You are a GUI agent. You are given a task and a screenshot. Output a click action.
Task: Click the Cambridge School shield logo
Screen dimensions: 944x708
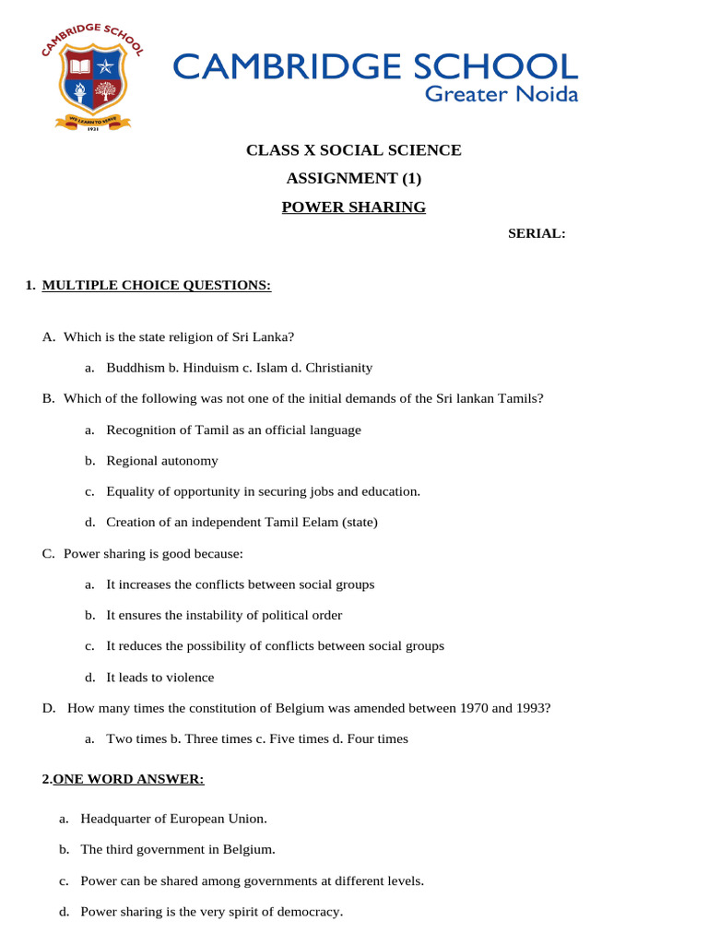[90, 80]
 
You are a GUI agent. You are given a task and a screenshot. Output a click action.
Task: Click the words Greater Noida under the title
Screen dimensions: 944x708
[501, 94]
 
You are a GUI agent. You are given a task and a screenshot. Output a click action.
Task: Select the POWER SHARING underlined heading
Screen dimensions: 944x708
[353, 207]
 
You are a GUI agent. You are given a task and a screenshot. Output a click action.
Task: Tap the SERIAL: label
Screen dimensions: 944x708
[537, 234]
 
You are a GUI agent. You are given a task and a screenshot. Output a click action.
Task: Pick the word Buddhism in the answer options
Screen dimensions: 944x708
[136, 368]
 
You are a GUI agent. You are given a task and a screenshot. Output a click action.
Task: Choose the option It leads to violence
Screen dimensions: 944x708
[159, 678]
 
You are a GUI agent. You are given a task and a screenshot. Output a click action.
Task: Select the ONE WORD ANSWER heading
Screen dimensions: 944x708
[128, 780]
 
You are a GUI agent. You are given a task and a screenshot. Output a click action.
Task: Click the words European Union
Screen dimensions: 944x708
[221, 819]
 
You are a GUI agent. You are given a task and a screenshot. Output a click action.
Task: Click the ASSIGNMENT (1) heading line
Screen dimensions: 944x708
[353, 179]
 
